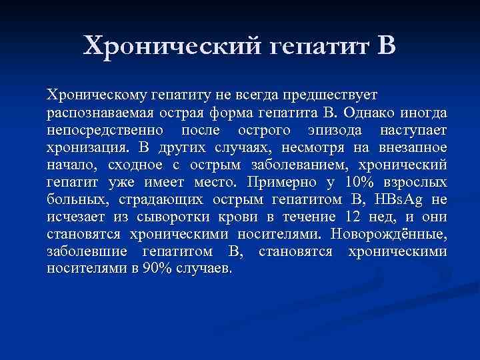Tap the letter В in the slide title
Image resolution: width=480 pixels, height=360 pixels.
click(386, 46)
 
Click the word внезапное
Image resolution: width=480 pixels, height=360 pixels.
click(413, 147)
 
